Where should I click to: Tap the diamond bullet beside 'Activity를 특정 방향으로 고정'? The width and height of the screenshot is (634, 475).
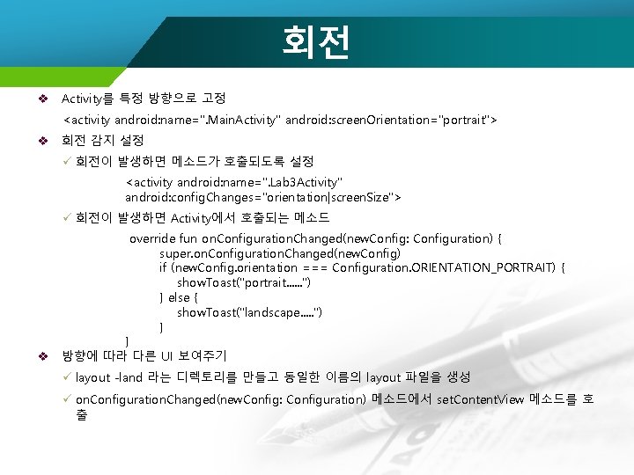pyautogui.click(x=41, y=98)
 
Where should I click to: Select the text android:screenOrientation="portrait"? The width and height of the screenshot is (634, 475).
pyautogui.click(x=394, y=119)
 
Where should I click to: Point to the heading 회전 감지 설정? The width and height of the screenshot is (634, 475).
pyautogui.click(x=102, y=141)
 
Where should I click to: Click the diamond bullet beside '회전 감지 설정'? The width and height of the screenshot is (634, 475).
pyautogui.click(x=41, y=141)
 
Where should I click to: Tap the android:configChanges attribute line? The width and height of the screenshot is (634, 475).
pyautogui.click(x=263, y=197)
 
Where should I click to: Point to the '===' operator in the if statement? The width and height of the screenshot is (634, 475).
pyautogui.click(x=316, y=267)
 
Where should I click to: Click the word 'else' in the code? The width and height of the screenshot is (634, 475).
pyautogui.click(x=179, y=297)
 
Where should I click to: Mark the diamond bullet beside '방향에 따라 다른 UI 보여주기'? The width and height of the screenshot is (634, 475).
pyautogui.click(x=41, y=356)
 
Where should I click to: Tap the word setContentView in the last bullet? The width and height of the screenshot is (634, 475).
pyautogui.click(x=480, y=399)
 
